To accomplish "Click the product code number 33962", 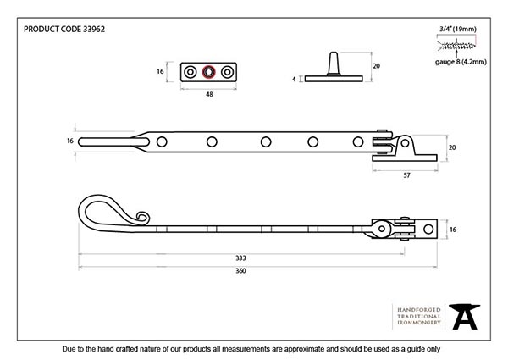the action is pyautogui.click(x=94, y=29).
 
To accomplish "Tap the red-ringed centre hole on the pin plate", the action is pyautogui.click(x=208, y=72).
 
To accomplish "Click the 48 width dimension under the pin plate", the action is pyautogui.click(x=209, y=94).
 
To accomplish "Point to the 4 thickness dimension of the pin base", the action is pyautogui.click(x=294, y=79).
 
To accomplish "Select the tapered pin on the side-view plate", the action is pyautogui.click(x=334, y=64).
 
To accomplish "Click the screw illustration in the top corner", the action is pyautogui.click(x=456, y=46).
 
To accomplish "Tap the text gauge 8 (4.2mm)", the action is pyautogui.click(x=461, y=62).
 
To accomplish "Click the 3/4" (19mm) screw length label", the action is pyautogui.click(x=458, y=29).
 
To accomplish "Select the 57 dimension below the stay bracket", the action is pyautogui.click(x=406, y=175).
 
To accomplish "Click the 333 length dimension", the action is pyautogui.click(x=240, y=258).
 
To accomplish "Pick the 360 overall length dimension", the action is pyautogui.click(x=240, y=270).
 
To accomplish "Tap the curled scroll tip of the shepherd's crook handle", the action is pyautogui.click(x=143, y=217).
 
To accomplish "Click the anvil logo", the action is pyautogui.click(x=464, y=316).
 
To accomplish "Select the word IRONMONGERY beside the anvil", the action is pyautogui.click(x=419, y=323).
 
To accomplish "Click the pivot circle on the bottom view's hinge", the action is pyautogui.click(x=381, y=229).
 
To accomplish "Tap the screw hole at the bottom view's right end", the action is pyautogui.click(x=428, y=229).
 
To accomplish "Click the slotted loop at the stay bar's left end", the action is pyautogui.click(x=113, y=142).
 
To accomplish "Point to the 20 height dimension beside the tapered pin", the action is pyautogui.click(x=376, y=66).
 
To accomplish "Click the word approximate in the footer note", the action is pyautogui.click(x=304, y=349).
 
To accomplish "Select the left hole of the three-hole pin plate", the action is pyautogui.click(x=190, y=72).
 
